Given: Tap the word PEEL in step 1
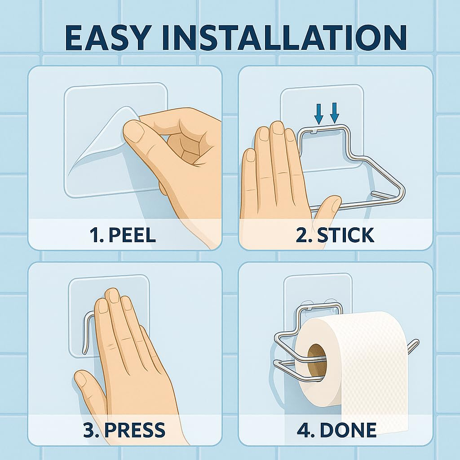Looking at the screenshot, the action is point(132,234).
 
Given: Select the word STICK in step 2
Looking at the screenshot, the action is point(345,234).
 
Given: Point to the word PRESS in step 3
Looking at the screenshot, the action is point(134,430).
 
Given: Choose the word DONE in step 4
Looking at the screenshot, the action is point(348,430).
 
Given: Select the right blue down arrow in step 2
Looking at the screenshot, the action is point(334,113).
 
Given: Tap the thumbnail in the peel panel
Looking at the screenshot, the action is point(134,132).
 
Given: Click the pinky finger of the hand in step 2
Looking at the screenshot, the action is point(250,176).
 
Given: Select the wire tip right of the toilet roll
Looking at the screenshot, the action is point(414,343).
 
